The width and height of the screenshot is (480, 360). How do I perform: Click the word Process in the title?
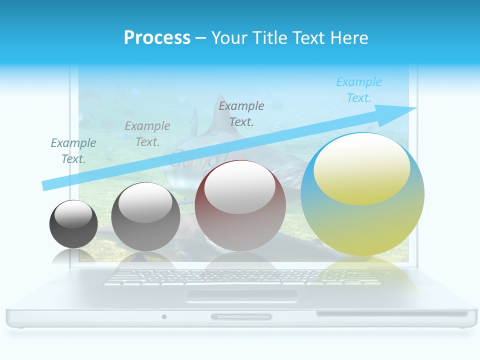pos(157,37)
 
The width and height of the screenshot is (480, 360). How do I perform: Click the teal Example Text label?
pos(73,151)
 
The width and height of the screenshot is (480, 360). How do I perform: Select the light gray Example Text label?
pos(147,134)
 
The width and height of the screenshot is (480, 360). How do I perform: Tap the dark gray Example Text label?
pos(241,113)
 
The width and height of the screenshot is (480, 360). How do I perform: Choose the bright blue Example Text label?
pos(359,90)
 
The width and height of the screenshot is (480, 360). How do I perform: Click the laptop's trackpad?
pos(242,295)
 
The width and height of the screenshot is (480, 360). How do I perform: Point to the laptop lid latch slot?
pos(241,316)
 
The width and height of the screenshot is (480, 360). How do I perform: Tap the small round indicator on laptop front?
pos(164,316)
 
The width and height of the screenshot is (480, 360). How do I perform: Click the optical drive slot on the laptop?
pos(391,314)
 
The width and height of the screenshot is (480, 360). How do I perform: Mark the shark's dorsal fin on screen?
pos(220,120)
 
